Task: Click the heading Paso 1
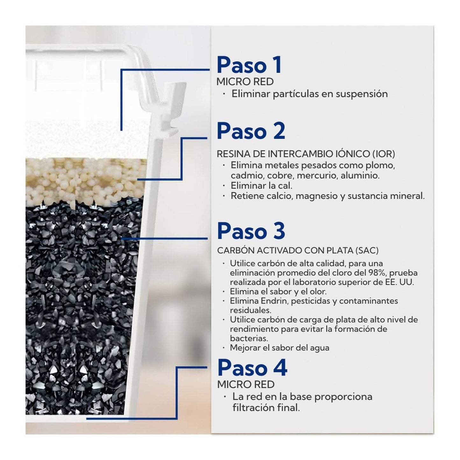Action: pos(249,65)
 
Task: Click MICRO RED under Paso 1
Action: pos(245,81)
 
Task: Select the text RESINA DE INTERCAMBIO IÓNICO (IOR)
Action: pos(306,154)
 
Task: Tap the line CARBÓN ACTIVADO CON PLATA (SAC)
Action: pos(298,251)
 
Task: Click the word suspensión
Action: pos(362,94)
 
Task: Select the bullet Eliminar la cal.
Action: pos(261,186)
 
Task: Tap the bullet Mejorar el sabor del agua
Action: pos(280,348)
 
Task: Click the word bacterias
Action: pos(249,338)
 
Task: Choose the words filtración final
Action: pos(266,408)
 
